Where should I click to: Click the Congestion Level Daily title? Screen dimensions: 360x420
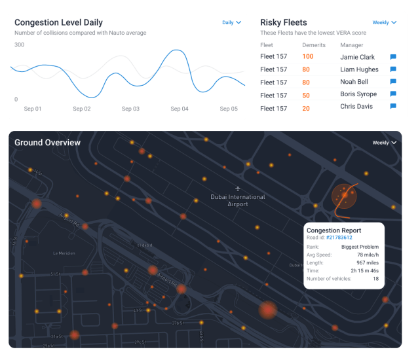[58, 22]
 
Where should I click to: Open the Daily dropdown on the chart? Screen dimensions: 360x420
[231, 22]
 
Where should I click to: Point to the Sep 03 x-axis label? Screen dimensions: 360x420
[131, 109]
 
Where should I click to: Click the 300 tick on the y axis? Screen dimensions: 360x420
[20, 45]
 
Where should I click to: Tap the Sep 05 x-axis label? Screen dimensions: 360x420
[229, 109]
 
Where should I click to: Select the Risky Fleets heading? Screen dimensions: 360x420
[283, 22]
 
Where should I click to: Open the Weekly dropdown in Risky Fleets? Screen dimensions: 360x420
[385, 22]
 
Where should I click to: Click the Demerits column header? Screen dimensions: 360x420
[313, 45]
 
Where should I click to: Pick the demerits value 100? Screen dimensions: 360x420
[307, 57]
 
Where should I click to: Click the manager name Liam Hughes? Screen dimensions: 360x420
[359, 69]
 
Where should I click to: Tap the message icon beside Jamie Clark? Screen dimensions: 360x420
[393, 57]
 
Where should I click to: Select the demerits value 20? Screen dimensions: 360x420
[306, 108]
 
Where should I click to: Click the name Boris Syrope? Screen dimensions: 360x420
[358, 95]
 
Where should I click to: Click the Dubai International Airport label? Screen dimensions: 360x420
[238, 200]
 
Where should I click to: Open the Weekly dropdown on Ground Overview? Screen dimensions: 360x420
[385, 143]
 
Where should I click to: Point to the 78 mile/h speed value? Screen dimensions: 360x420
[366, 255]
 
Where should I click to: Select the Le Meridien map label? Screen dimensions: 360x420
[65, 253]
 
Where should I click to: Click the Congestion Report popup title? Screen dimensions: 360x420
[334, 230]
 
